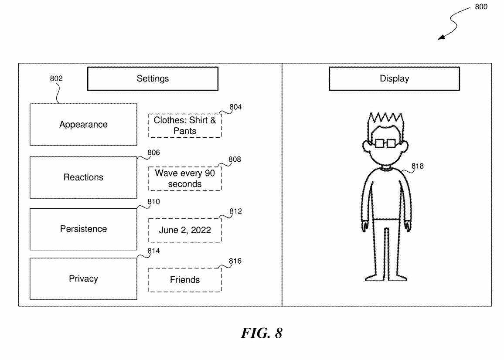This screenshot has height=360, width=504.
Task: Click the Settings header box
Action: point(153,79)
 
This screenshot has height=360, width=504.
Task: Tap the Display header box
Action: point(394,79)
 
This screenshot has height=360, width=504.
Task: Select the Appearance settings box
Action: point(83,125)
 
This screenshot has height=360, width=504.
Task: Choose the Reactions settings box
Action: point(83,177)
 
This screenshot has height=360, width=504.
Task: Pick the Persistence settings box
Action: point(83,229)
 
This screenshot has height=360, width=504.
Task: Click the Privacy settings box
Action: point(83,279)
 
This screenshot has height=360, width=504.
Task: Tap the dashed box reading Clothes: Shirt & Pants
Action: point(185,126)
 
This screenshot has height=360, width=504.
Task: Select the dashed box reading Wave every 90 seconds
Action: point(185,179)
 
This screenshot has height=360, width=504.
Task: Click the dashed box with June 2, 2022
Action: point(185,231)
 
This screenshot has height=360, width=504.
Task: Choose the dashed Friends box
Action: point(185,280)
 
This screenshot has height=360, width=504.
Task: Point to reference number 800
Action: point(481,7)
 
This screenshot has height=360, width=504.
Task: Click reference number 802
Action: point(56,79)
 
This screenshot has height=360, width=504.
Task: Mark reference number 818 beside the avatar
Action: point(417,166)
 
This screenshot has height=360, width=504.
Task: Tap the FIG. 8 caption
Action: point(261,333)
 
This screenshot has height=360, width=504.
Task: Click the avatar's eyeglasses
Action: point(385,143)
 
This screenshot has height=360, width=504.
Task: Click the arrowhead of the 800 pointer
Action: point(441,38)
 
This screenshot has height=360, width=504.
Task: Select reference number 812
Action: point(236,211)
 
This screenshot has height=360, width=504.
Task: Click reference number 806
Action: point(153,153)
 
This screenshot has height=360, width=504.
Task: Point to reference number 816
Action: point(235,261)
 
